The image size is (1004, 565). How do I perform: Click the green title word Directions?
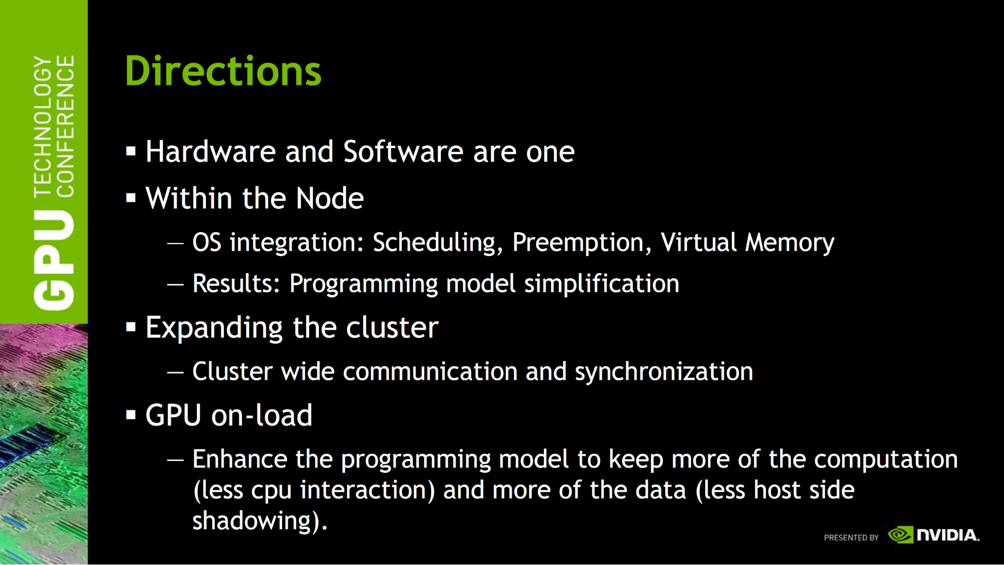pos(223,71)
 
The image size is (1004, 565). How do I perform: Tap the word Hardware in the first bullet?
pos(210,151)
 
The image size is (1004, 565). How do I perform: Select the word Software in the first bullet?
pos(403,151)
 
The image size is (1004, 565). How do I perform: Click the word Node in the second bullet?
pos(329,198)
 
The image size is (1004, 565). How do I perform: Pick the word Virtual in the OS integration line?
pos(699,242)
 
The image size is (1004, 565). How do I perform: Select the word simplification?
pos(602,284)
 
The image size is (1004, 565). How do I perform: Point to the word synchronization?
pos(664,372)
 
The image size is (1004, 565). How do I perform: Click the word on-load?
pos(262,415)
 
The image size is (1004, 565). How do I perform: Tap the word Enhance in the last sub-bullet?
pos(240,459)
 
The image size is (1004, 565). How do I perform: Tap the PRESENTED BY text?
pos(851,537)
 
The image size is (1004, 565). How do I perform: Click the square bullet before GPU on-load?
pos(131,415)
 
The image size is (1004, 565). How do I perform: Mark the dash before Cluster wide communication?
pos(175,373)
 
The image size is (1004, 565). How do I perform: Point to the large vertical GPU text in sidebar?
pos(54,260)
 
